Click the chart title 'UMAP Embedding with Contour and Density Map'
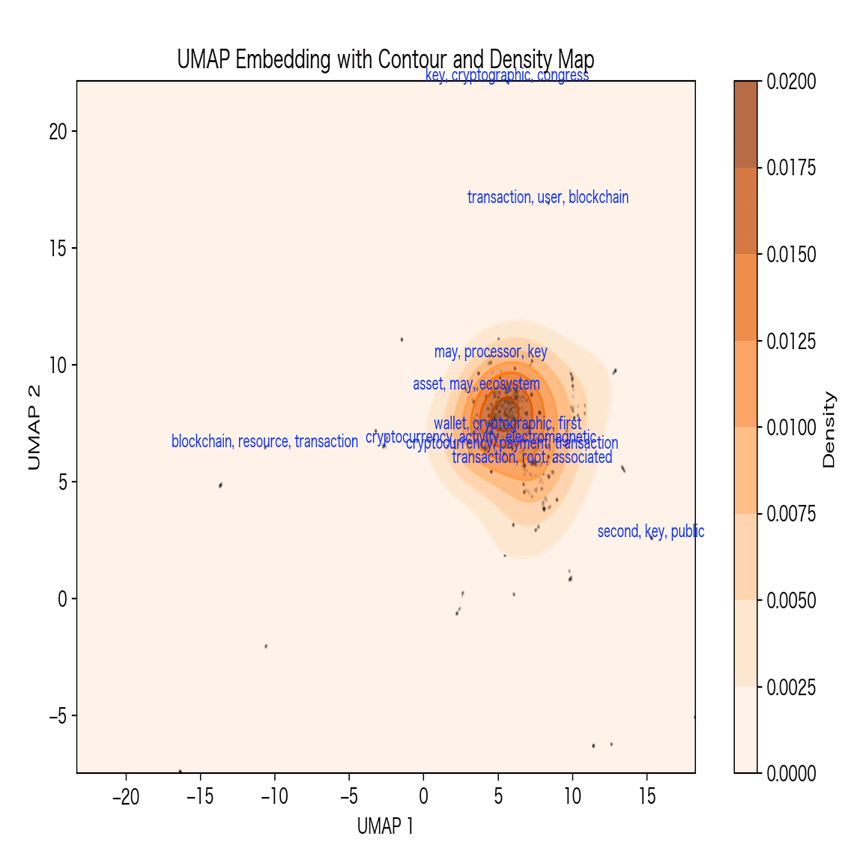click(x=385, y=59)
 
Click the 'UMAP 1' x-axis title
click(x=385, y=826)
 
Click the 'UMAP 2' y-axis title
click(x=34, y=427)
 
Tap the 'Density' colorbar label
click(x=829, y=429)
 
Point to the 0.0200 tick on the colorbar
click(x=791, y=82)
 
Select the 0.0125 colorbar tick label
click(x=791, y=342)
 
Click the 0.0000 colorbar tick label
click(x=791, y=774)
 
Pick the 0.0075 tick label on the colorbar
click(x=791, y=515)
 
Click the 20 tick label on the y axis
click(x=58, y=132)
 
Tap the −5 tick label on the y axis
click(x=57, y=716)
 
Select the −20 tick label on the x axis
click(x=126, y=796)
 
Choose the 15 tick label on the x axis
click(x=647, y=796)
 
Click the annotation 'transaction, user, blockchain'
click(x=548, y=198)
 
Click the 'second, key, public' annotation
click(x=650, y=532)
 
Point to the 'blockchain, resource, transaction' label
click(x=264, y=442)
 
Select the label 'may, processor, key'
click(x=491, y=352)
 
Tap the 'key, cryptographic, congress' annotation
click(x=506, y=76)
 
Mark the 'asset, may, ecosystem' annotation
click(x=476, y=384)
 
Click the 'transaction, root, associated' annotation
click(x=532, y=458)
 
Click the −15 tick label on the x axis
click(x=200, y=796)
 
